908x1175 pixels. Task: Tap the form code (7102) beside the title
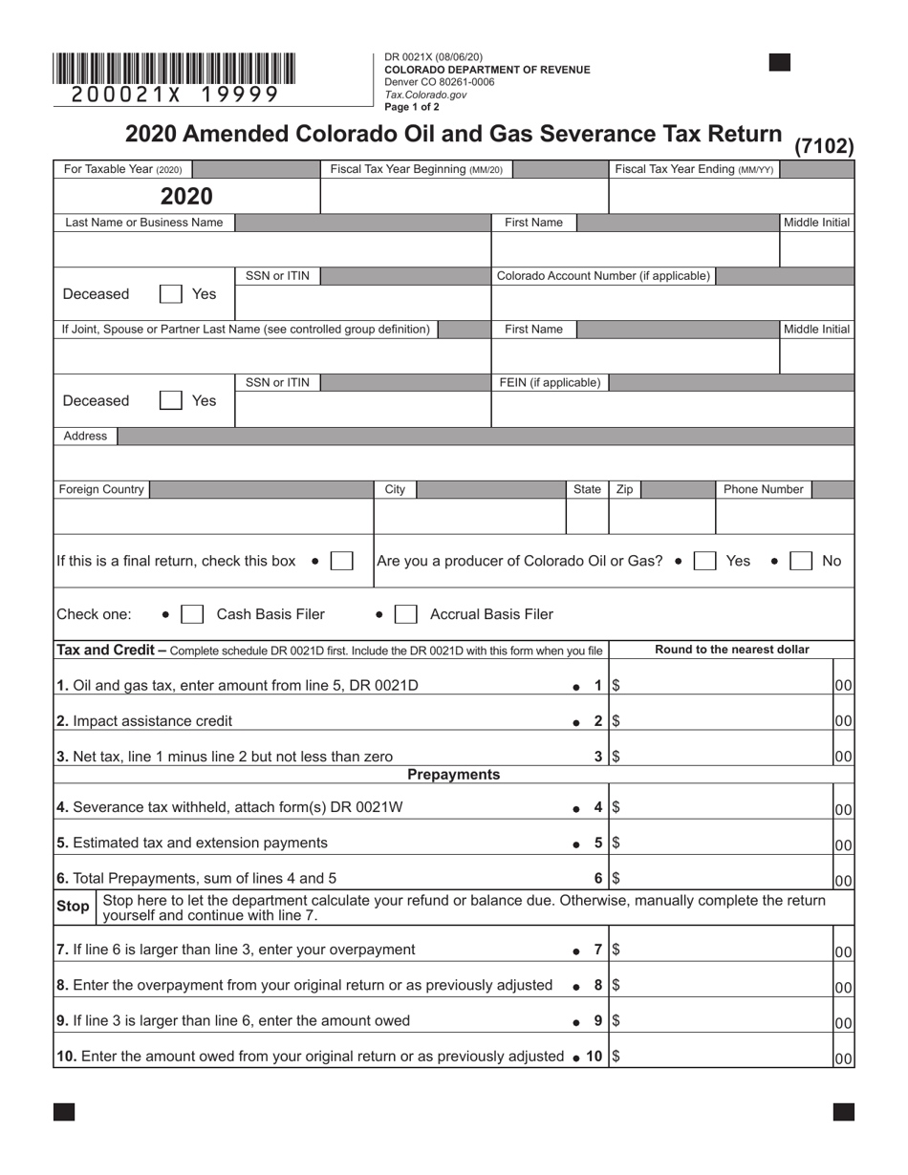tap(824, 146)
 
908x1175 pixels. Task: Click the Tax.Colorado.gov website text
tap(425, 95)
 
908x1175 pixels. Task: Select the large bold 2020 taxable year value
tap(186, 197)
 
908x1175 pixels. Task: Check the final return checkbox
tap(341, 561)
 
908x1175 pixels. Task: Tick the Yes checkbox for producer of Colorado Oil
tap(704, 561)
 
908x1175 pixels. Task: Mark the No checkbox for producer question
tap(801, 561)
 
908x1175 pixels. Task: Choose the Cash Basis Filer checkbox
tap(192, 614)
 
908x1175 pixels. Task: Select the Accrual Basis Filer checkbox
tap(405, 614)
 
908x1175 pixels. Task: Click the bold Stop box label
tap(74, 907)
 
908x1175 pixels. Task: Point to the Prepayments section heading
tap(453, 775)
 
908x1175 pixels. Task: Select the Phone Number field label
tap(763, 489)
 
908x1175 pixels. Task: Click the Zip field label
tap(624, 489)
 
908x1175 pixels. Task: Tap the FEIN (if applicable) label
tap(550, 382)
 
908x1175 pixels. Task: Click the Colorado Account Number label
tap(603, 276)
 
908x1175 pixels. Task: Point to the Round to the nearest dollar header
tap(731, 650)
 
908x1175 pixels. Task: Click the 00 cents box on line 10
tap(843, 1058)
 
